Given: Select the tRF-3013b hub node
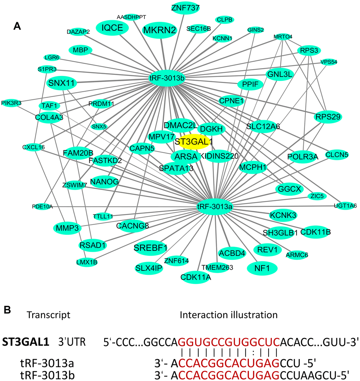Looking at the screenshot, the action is click(167, 78).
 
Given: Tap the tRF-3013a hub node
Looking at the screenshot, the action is click(214, 207).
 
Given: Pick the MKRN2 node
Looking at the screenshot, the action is click(160, 30).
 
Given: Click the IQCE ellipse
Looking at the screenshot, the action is click(112, 28).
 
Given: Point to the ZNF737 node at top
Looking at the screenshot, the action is click(185, 8).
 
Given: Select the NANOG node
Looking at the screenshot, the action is click(104, 181).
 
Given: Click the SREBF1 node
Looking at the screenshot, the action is click(150, 248).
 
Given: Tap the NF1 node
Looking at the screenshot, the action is click(262, 268).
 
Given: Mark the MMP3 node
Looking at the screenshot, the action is click(67, 228).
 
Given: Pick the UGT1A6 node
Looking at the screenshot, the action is click(345, 206).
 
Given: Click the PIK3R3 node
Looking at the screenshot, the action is click(11, 103).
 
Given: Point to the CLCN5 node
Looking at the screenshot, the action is click(337, 155).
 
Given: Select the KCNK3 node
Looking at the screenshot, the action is click(283, 215).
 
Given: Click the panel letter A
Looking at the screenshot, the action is click(17, 26).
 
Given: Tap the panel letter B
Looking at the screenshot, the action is click(7, 310).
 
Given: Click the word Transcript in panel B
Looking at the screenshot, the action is click(49, 315).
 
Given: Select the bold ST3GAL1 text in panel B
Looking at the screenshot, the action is click(26, 342).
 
